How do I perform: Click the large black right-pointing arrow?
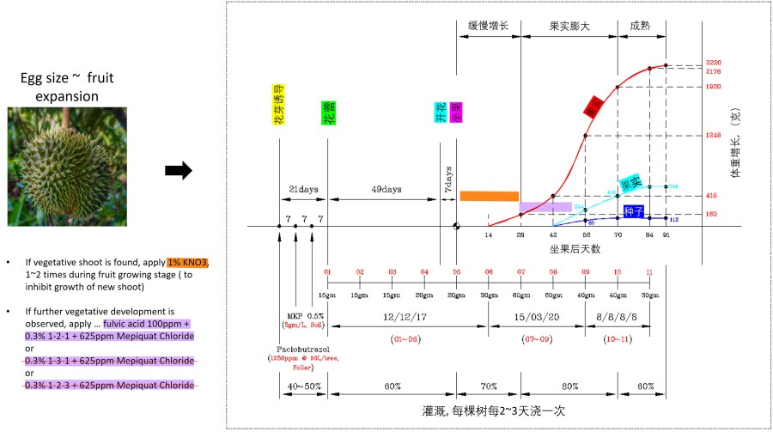click(x=178, y=170)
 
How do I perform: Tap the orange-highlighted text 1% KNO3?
click(x=187, y=262)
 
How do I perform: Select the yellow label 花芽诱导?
click(x=278, y=106)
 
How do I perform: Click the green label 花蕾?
click(x=328, y=113)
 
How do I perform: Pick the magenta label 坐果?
click(x=457, y=113)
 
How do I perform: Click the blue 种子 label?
click(x=634, y=210)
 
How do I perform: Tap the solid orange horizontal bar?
click(x=490, y=196)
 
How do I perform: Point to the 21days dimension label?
click(x=303, y=189)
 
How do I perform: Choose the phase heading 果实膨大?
click(x=569, y=26)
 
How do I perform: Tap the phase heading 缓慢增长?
click(x=488, y=26)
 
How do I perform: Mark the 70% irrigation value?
click(x=488, y=386)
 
